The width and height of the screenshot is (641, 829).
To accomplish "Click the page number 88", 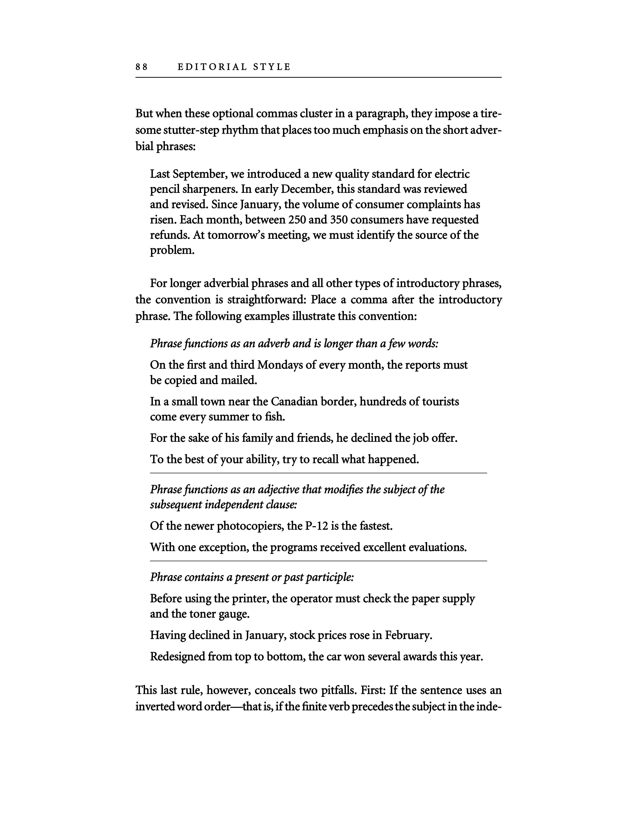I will (x=141, y=67).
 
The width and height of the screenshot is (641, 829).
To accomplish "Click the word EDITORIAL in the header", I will (x=212, y=67).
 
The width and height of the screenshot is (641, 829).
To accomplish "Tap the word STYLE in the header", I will (x=272, y=67).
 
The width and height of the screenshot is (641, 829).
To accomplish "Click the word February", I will (x=408, y=635).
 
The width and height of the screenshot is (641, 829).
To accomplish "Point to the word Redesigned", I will (x=177, y=657).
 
